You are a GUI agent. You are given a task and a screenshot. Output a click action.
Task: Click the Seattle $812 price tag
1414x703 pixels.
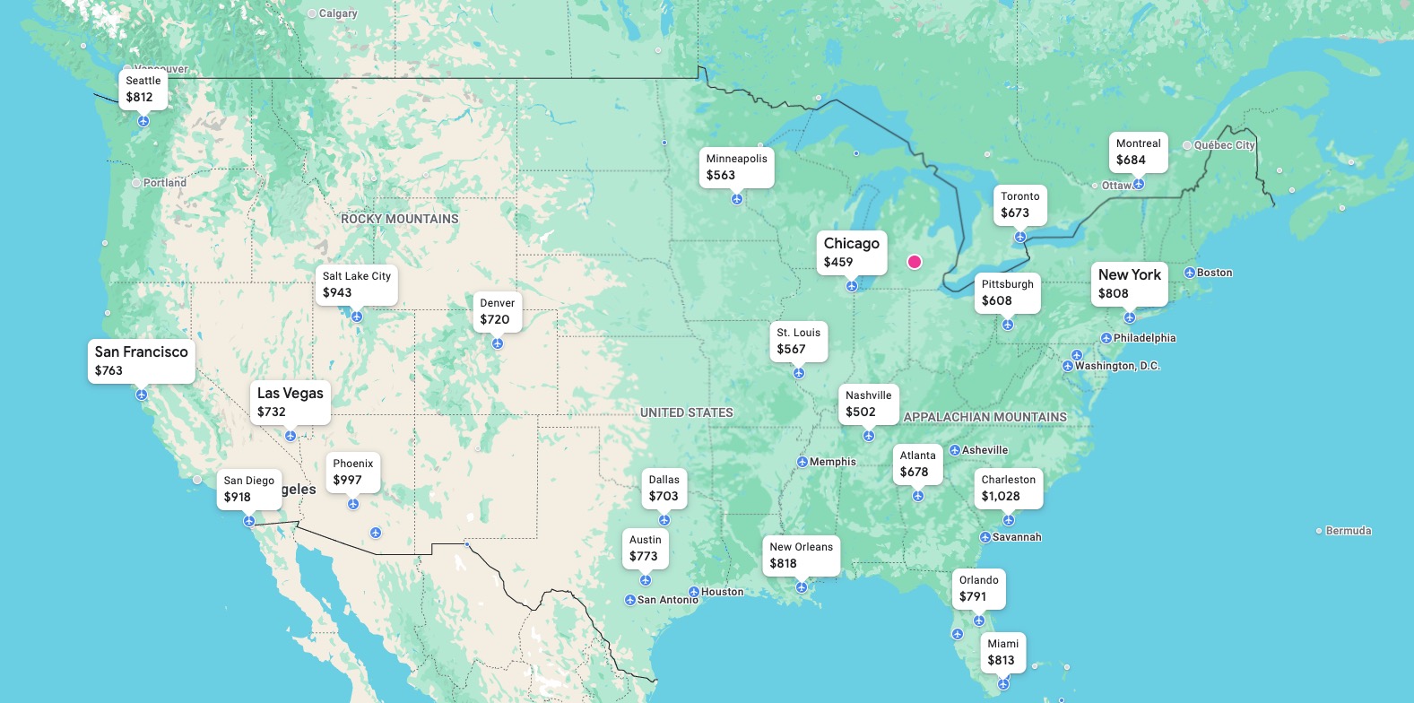coord(143,89)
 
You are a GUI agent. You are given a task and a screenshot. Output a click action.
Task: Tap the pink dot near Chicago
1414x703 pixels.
coord(915,262)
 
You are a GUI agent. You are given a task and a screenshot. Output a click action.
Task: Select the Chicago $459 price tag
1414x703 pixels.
coord(851,252)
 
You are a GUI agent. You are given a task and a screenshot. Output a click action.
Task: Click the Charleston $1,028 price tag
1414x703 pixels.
coord(1008,488)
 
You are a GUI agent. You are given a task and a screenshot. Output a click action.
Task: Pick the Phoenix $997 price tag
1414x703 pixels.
coord(352,472)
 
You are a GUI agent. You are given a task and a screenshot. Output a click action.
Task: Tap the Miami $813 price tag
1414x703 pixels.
coord(1002,652)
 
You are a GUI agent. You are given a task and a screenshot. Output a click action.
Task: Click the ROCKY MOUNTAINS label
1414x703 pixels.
coord(399,219)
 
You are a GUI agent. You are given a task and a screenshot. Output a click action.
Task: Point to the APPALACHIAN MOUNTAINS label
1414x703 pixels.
coord(985,417)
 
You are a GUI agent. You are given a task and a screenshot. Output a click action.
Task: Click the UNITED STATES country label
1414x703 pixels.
coord(686,412)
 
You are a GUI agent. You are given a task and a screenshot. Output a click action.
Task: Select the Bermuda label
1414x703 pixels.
coord(1348,531)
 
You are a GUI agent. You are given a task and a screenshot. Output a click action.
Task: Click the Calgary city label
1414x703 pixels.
coord(337,13)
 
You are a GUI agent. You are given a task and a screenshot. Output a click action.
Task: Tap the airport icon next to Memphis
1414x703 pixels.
coord(802,462)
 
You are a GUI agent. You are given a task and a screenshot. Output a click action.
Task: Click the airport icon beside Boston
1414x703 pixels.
coord(1190,273)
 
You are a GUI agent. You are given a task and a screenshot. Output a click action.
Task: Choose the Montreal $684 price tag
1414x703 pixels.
coord(1138,152)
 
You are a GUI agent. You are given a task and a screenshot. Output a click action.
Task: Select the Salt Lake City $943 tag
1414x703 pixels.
coord(356,284)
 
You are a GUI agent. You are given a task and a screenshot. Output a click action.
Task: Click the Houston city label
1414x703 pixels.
coord(722,592)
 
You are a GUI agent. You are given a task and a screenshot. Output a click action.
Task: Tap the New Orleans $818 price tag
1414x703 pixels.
coord(801,555)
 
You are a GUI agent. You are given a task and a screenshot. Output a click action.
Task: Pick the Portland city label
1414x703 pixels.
coord(164,182)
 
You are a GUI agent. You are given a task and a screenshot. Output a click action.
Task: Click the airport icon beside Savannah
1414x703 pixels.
coord(985,537)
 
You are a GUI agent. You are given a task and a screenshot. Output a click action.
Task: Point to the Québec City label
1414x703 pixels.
coord(1223,145)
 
